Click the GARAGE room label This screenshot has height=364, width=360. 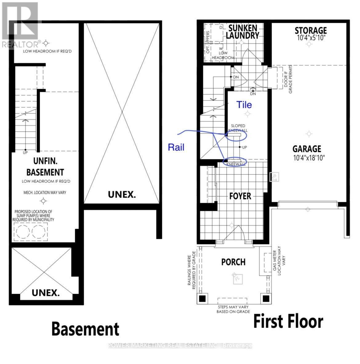click(x=307, y=149)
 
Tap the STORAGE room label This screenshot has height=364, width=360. click(x=310, y=31)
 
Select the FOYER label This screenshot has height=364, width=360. click(x=240, y=196)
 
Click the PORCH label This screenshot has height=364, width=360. click(x=233, y=262)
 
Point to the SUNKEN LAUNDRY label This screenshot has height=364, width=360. click(x=242, y=31)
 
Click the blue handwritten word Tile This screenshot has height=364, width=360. click(x=244, y=105)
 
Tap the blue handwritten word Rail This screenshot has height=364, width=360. click(x=176, y=147)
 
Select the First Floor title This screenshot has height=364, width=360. click(x=288, y=322)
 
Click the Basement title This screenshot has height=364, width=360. click(x=85, y=329)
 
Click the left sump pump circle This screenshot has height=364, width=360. click(x=22, y=231)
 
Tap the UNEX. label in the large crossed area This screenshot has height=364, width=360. click(x=122, y=194)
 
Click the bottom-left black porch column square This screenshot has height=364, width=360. click(x=202, y=299)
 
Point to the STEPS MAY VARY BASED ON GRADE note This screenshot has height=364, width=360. click(x=233, y=309)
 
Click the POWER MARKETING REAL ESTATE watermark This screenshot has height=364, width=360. click(x=180, y=346)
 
